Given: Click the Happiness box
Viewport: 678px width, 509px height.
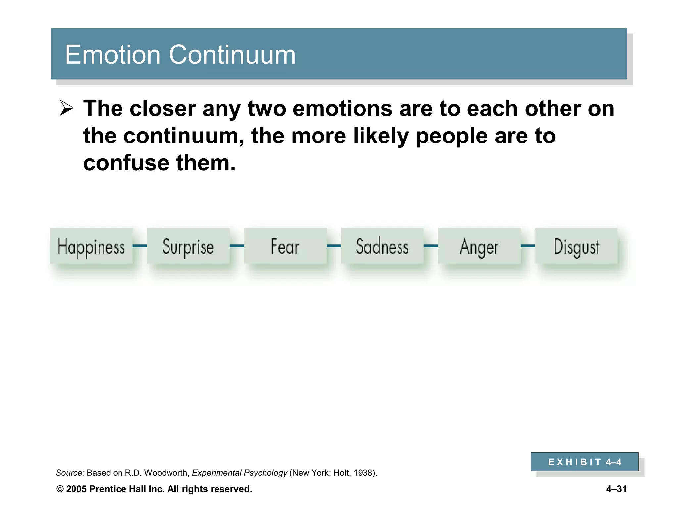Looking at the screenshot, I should click(91, 246).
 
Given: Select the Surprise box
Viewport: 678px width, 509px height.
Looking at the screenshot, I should click(188, 246).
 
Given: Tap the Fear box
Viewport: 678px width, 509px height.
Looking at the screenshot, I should click(285, 246).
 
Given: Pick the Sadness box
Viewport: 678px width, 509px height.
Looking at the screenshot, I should click(382, 246).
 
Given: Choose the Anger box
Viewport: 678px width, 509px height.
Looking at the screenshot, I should click(479, 246).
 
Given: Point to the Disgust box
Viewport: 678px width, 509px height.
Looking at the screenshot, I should click(576, 246).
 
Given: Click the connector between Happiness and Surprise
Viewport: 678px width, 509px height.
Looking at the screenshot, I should click(140, 246).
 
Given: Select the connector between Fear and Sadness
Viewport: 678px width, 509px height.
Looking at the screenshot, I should click(334, 246).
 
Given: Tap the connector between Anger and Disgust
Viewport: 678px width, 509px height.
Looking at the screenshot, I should click(528, 246).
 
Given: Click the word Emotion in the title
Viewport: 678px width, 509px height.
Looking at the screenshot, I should click(113, 55).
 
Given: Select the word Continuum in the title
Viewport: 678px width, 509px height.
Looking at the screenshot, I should click(232, 55).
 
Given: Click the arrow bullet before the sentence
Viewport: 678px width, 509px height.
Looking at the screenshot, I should click(66, 109).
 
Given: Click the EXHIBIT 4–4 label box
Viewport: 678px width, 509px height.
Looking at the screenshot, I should click(584, 462).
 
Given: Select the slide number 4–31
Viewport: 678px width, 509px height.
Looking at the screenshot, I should click(616, 489).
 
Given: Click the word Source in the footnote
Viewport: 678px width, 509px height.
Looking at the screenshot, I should click(70, 473).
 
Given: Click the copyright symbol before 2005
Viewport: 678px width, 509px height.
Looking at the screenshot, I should click(60, 489).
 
